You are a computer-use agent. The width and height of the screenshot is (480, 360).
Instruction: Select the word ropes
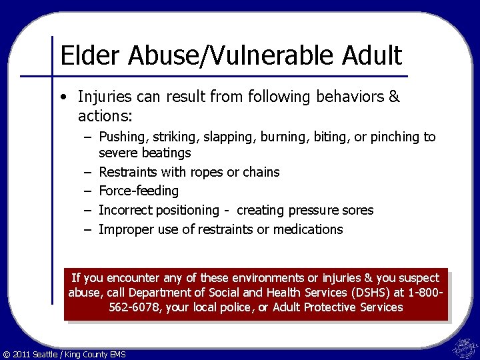pyautogui.click(x=207, y=172)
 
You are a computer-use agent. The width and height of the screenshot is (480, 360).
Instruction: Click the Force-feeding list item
pyautogui.click(x=139, y=191)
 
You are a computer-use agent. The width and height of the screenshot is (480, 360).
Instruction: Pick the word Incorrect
pyautogui.click(x=125, y=211)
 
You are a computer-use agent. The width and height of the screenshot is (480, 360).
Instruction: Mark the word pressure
pyautogui.click(x=312, y=211)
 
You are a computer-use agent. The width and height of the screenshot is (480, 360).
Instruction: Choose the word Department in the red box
pyautogui.click(x=157, y=293)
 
